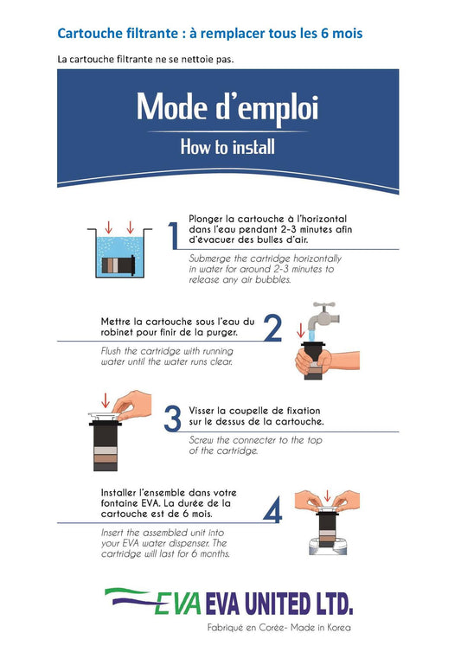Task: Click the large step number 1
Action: coord(173,235)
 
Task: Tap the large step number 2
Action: coord(273,329)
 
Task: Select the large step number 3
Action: coord(173,418)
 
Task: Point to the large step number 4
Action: coord(273,509)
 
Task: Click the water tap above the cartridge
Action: coord(323,316)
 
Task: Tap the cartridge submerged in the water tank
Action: coord(118,265)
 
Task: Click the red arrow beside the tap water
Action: coord(300,330)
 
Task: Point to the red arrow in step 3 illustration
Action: coord(106,400)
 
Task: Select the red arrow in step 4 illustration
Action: coord(327,495)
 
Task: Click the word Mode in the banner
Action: coord(172,107)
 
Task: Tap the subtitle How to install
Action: coord(227,147)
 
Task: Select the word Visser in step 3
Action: coord(202,411)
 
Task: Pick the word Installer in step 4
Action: coord(118,493)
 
